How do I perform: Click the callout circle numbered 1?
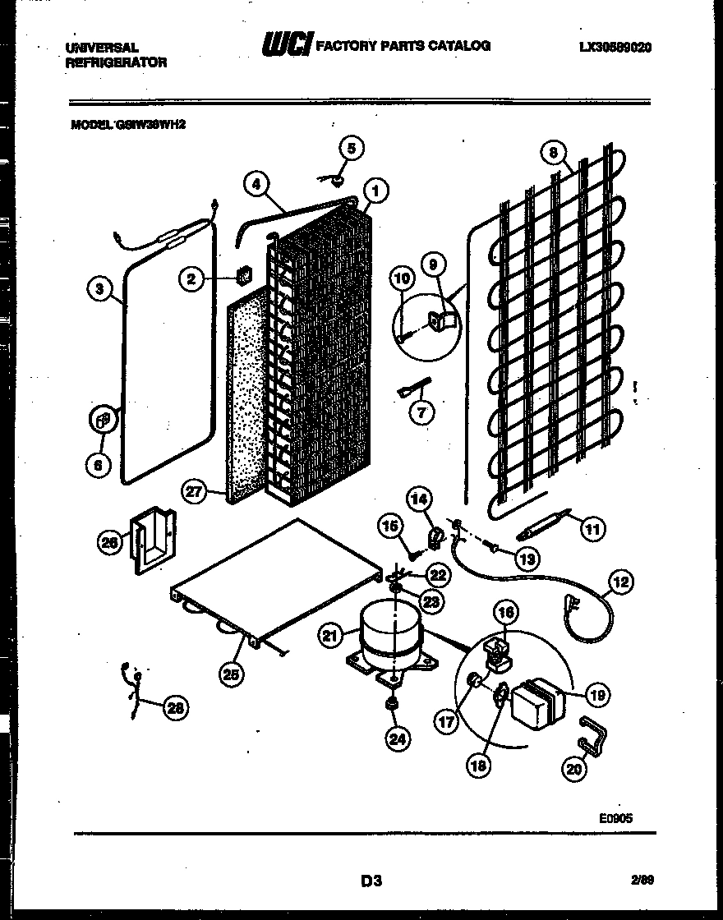[375, 192]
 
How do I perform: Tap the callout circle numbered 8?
[554, 153]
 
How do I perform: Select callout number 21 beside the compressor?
[331, 634]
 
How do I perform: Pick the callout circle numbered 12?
[620, 584]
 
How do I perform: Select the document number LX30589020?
[615, 48]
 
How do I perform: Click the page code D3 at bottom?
[371, 882]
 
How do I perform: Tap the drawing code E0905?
[615, 817]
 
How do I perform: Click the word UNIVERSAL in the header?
[102, 48]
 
